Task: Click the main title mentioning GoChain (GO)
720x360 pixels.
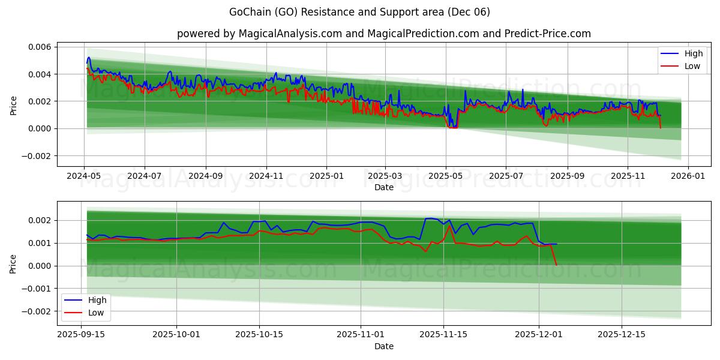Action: coord(359,12)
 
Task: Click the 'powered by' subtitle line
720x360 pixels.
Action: coord(383,34)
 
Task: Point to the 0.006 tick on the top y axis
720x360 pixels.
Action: coord(40,47)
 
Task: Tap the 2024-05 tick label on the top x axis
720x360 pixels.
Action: coord(84,176)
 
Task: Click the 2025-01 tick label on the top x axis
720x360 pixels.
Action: coord(326,176)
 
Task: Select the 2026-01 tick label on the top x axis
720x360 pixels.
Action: coord(688,176)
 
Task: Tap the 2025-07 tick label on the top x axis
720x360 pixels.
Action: coord(505,176)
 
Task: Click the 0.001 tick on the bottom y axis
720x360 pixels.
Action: coord(40,243)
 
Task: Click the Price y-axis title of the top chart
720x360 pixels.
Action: coord(14,106)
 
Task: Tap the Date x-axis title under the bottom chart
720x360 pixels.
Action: coord(383,346)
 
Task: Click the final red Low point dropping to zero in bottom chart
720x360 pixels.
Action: coord(556,265)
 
